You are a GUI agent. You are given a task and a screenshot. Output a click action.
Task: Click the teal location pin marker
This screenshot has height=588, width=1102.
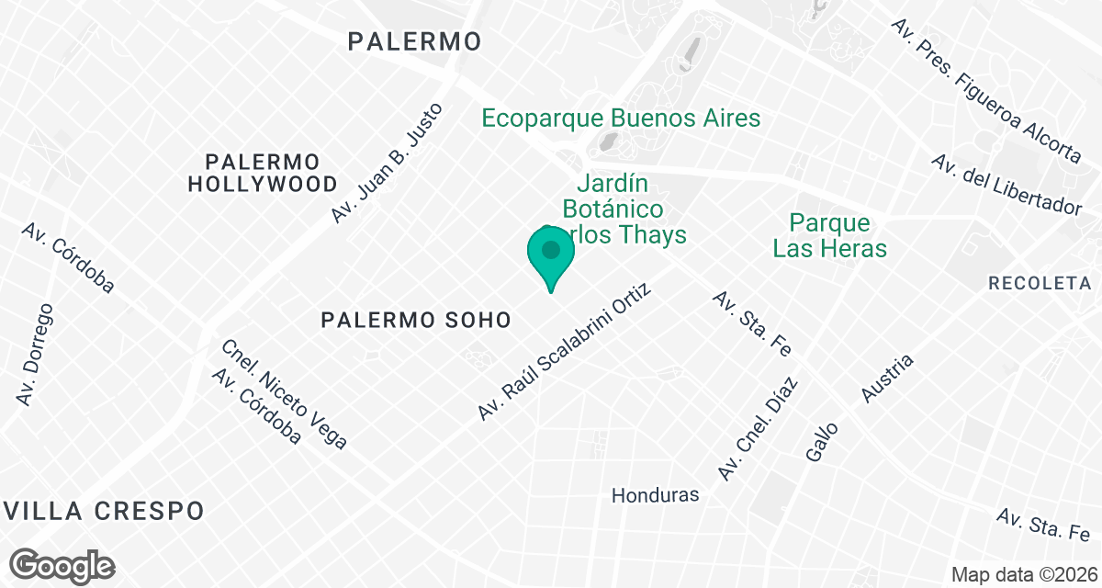click(x=551, y=255)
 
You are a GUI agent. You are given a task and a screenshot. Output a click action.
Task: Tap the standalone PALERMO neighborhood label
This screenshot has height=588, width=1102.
click(x=415, y=41)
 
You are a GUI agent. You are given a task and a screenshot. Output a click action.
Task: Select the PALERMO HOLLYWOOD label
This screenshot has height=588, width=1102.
click(x=263, y=172)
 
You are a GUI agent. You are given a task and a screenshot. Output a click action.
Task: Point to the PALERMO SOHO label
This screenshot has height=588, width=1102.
click(x=416, y=320)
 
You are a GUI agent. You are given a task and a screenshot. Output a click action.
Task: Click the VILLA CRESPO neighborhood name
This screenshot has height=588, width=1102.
click(x=102, y=511)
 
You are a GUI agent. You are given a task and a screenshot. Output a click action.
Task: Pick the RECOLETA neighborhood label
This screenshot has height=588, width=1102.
click(x=1040, y=283)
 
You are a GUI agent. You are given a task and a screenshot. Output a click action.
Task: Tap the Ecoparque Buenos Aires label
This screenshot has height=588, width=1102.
click(x=622, y=119)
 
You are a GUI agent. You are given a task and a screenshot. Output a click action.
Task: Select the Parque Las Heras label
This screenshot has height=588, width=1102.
click(x=830, y=235)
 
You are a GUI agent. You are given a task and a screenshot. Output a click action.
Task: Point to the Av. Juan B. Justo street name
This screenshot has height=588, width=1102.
click(x=388, y=163)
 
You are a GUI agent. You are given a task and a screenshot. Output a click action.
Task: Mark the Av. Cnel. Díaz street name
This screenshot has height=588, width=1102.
click(x=758, y=428)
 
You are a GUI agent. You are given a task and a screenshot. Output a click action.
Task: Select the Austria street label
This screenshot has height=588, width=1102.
click(x=888, y=379)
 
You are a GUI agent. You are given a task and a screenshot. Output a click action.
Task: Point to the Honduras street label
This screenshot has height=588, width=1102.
click(x=656, y=495)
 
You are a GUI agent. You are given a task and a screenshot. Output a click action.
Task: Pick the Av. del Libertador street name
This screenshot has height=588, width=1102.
click(x=1006, y=185)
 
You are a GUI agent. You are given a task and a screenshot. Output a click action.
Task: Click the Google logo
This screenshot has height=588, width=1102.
click(x=64, y=564)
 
